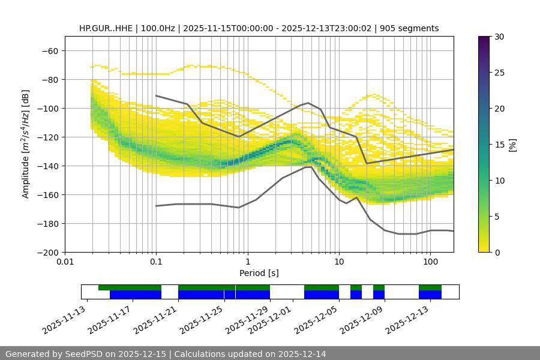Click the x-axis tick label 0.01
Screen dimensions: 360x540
click(x=65, y=262)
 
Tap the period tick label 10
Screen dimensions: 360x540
click(x=338, y=262)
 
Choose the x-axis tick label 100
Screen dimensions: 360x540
click(x=430, y=262)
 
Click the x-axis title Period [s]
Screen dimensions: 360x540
click(x=259, y=273)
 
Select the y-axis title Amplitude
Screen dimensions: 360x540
click(x=26, y=145)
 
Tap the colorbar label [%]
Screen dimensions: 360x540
click(x=512, y=145)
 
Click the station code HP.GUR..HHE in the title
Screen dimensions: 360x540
click(x=106, y=28)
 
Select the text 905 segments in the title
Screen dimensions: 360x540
click(x=411, y=28)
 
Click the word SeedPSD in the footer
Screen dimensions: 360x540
click(x=82, y=354)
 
